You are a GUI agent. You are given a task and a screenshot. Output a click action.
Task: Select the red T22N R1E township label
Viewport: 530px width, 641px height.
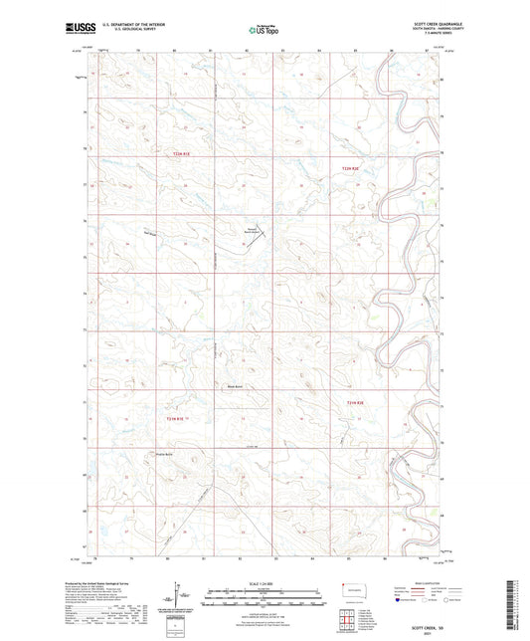[x=180, y=154]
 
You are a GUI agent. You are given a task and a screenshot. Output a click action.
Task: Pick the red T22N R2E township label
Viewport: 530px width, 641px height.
[x=347, y=170]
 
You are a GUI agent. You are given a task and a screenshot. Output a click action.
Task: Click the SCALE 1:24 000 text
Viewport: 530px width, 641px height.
[x=265, y=581]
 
